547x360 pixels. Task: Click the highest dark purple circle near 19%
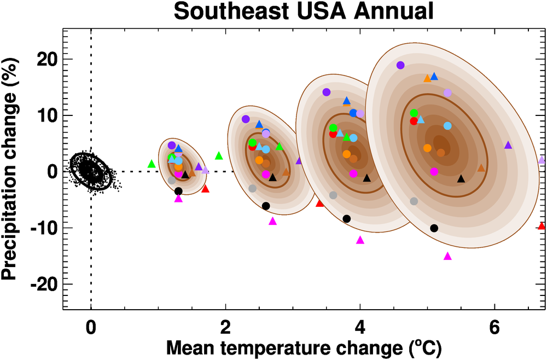[400, 65]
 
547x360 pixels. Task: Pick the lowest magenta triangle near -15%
[447, 256]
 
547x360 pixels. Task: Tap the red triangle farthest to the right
[542, 226]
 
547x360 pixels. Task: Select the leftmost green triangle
[152, 164]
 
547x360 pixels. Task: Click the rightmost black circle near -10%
[434, 228]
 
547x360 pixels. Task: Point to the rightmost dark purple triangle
[508, 145]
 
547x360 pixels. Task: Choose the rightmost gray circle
[414, 201]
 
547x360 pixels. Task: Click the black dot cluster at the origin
[91, 170]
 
